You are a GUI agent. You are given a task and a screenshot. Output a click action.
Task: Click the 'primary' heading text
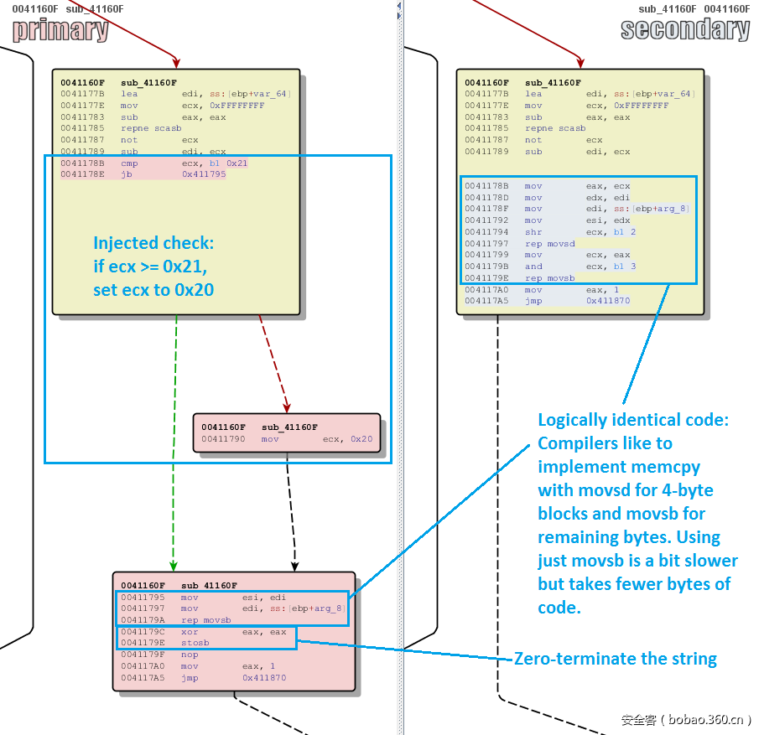click(x=60, y=30)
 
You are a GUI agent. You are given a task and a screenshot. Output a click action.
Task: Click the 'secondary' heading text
click(x=685, y=30)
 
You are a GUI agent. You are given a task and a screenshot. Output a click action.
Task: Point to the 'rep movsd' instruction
click(x=550, y=243)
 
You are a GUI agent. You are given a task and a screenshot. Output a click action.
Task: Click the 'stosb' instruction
click(x=195, y=643)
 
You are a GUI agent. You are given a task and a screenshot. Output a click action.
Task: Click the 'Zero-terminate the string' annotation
click(x=615, y=659)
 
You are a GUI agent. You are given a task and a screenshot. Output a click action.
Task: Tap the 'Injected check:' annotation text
click(x=153, y=243)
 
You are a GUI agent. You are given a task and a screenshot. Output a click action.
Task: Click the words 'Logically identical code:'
click(x=633, y=420)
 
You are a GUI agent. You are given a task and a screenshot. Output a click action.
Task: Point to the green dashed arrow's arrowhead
click(x=173, y=566)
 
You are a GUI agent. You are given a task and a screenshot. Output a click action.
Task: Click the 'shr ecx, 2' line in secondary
click(x=579, y=232)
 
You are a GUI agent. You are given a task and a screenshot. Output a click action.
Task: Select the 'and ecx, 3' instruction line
click(x=579, y=267)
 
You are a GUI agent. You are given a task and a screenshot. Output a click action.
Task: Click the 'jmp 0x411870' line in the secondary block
click(x=579, y=301)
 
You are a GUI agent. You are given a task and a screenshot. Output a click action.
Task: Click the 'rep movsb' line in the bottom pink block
click(x=206, y=620)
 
